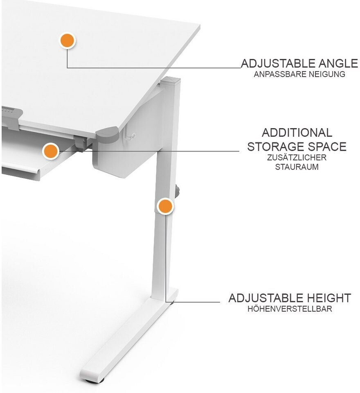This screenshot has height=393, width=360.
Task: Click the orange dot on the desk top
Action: [67, 41]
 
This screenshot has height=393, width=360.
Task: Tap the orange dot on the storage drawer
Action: [51, 151]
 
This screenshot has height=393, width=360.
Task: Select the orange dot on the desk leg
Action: [165, 206]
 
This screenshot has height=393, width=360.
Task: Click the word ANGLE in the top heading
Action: [338, 63]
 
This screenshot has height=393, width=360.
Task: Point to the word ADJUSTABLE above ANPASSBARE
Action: [278, 63]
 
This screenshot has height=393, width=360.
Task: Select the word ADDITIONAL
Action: [297, 133]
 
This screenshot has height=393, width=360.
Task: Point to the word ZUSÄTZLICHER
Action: [297, 157]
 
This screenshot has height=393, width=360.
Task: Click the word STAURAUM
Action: [297, 167]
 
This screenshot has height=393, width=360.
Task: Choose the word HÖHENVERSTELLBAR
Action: [290, 309]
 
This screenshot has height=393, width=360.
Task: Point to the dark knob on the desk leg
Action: [178, 192]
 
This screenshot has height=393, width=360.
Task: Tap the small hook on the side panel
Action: [129, 136]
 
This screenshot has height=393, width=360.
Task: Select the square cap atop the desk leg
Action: [170, 81]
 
